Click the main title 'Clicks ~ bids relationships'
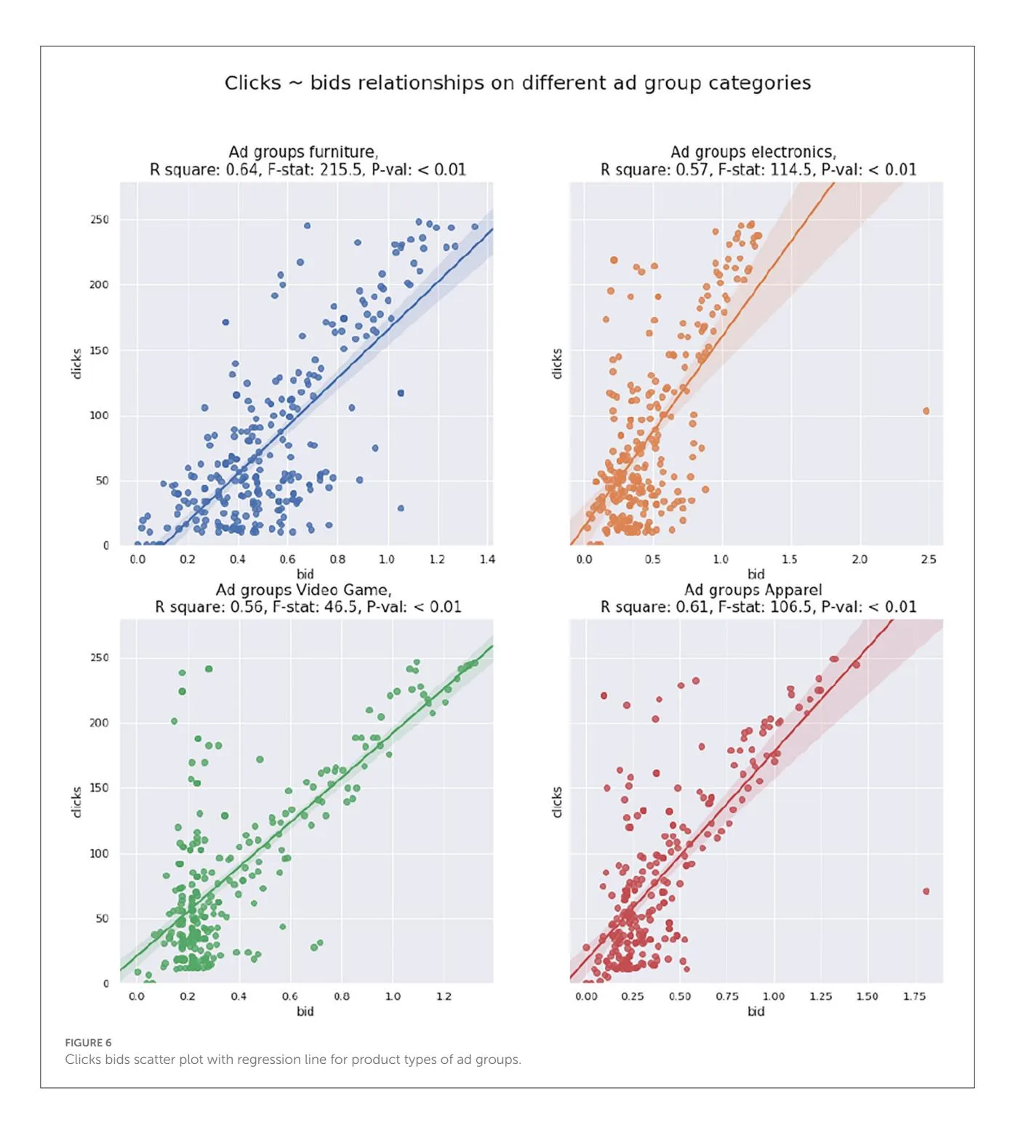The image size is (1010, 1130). coord(517,83)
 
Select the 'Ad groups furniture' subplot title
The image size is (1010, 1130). coord(302,152)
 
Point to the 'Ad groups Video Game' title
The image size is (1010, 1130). coord(303,589)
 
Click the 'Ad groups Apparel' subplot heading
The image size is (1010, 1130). coord(753,589)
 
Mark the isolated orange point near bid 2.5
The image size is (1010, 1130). coord(926,411)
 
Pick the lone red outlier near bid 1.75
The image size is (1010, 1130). coord(926,891)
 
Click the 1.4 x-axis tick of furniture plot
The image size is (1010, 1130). coord(487,560)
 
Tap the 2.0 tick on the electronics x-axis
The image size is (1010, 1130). coord(859,560)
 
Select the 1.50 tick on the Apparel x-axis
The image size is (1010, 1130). coord(866,996)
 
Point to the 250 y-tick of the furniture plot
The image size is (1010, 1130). coord(100,219)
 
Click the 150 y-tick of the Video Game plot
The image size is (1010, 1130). coord(100,788)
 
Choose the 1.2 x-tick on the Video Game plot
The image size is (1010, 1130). coord(444,996)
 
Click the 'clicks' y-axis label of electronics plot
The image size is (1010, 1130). coord(558,363)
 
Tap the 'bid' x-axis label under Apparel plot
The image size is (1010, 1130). coord(756,1011)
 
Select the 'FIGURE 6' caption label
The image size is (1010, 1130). coord(88,1043)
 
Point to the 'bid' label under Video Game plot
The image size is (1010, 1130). coord(305,1011)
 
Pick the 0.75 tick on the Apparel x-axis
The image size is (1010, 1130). coord(726,996)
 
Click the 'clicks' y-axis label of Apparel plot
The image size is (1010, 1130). coord(558,802)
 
